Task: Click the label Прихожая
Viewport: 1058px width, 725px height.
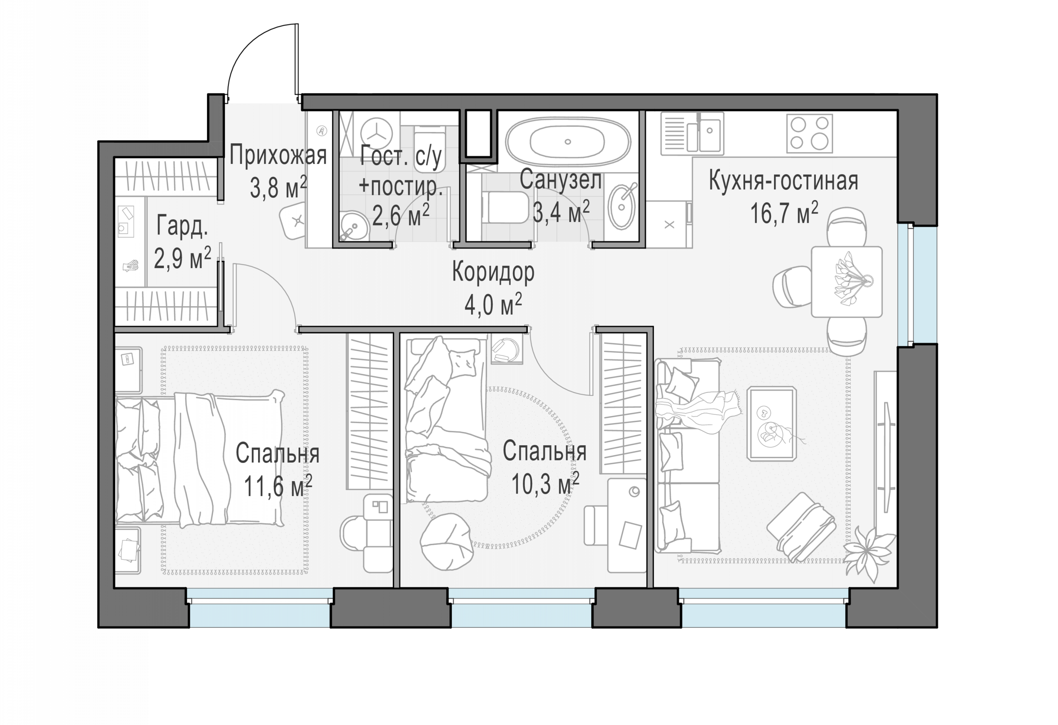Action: coord(278,155)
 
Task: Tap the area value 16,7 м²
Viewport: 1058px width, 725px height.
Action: coord(784,213)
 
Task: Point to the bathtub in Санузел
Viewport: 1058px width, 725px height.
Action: coord(568,142)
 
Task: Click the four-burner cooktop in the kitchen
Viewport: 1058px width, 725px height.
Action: coord(809,133)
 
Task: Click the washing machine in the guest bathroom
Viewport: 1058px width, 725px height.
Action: coord(377,134)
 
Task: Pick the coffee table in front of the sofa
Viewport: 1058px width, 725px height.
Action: coord(772,423)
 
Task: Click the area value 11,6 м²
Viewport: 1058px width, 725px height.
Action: coord(278,486)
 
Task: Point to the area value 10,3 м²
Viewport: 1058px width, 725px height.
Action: coord(545,483)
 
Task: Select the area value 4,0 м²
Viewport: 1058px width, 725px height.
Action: coord(493,304)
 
